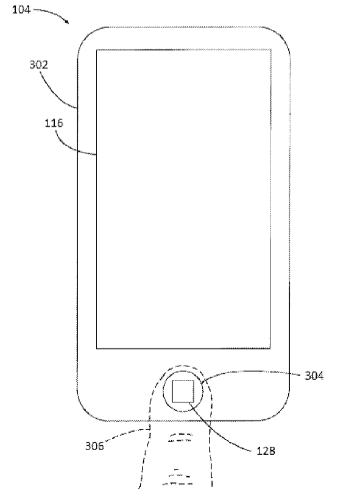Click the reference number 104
[x=21, y=10]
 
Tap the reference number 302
[x=38, y=65]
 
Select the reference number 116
[x=54, y=123]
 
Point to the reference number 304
[x=314, y=376]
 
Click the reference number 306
[x=94, y=446]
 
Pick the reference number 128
[x=266, y=451]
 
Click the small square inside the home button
[x=183, y=391]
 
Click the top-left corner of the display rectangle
[x=97, y=50]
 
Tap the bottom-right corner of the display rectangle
[x=270, y=348]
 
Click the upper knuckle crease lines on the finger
[x=180, y=437]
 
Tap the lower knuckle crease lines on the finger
[x=178, y=478]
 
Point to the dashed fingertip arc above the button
[x=183, y=365]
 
